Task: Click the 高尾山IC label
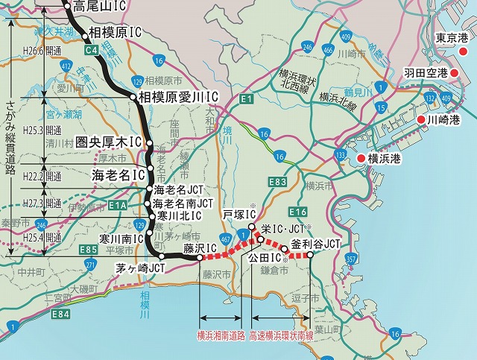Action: pos(104,6)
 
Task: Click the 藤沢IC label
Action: pos(200,247)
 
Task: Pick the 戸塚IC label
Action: pos(238,214)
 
